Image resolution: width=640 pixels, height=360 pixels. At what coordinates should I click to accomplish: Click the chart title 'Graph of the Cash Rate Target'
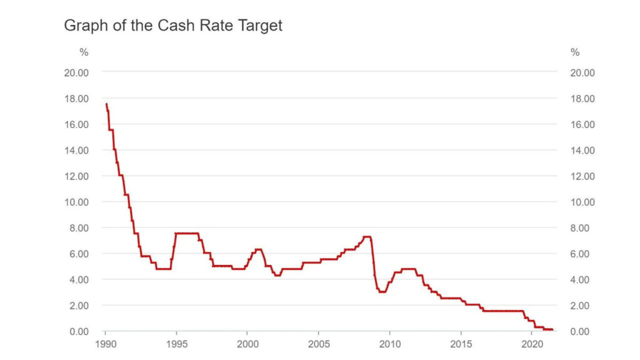173,26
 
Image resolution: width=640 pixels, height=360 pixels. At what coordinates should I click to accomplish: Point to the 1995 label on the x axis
176,344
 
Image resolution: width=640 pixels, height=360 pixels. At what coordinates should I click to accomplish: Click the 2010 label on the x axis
389,344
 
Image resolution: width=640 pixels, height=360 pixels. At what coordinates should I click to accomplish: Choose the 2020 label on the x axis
531,344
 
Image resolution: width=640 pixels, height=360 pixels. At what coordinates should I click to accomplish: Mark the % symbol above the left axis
84,52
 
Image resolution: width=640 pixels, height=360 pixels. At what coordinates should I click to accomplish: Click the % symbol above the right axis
575,52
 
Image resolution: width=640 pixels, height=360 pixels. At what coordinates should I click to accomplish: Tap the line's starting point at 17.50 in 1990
106,104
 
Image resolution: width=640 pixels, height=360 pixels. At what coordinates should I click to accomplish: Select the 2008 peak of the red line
367,237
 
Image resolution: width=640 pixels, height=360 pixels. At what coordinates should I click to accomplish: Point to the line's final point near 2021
552,329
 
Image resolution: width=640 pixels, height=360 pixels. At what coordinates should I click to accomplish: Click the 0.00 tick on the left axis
78,331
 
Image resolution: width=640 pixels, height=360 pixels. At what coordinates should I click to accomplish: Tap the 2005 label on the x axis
318,344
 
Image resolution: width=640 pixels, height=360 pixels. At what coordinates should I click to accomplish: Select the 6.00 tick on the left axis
78,254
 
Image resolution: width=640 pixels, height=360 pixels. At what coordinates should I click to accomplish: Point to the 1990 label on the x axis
105,344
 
